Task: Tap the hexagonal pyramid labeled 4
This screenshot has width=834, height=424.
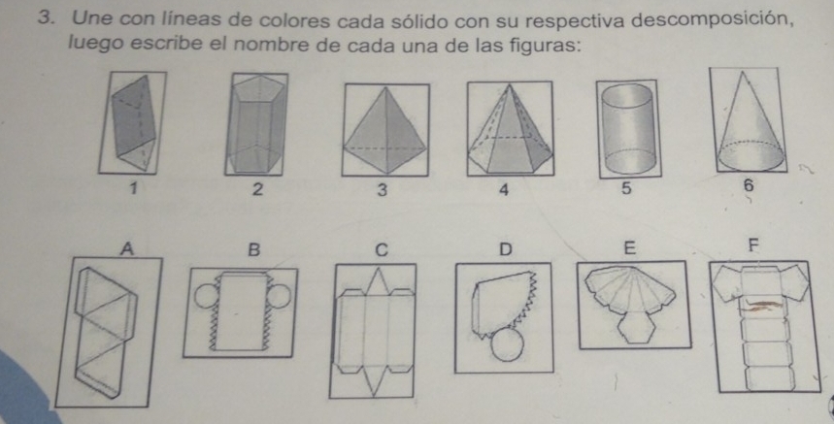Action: tap(510, 130)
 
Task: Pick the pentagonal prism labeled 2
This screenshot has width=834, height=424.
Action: tap(256, 125)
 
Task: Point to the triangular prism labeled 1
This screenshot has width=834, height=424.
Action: tap(134, 122)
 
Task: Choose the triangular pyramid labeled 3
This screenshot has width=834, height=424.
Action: tap(385, 131)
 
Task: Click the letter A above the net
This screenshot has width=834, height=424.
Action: tap(126, 248)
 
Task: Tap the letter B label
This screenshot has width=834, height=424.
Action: tap(254, 249)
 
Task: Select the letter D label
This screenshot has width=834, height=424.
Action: tap(505, 248)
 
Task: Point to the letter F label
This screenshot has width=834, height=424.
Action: tap(752, 245)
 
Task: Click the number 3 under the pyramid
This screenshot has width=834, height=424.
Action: tap(382, 190)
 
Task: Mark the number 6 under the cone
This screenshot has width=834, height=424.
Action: tap(749, 186)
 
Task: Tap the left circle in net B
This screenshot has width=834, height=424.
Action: tap(205, 296)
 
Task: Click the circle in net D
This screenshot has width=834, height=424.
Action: tap(507, 345)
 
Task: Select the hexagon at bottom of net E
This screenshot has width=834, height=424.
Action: tap(636, 327)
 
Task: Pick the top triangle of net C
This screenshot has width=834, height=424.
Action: tap(377, 281)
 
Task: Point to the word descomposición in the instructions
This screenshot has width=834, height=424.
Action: tap(714, 20)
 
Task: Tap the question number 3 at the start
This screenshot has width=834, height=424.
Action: tap(48, 18)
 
